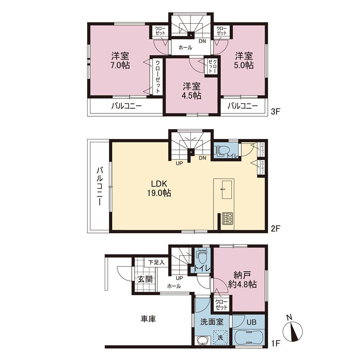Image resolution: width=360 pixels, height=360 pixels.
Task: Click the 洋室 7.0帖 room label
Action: (x=120, y=60)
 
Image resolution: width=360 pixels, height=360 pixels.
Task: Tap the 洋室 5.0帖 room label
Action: (x=244, y=60)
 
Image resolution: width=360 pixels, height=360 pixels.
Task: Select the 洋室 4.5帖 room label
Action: (x=192, y=91)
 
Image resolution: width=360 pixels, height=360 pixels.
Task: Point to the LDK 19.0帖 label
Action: (x=159, y=188)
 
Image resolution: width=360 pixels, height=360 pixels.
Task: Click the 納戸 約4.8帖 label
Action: (x=242, y=280)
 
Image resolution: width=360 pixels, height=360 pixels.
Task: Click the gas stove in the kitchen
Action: (x=227, y=219)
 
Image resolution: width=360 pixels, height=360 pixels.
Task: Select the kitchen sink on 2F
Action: (x=228, y=189)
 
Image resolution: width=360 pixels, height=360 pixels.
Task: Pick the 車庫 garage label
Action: (x=148, y=319)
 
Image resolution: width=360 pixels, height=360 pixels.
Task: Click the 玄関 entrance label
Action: (x=145, y=279)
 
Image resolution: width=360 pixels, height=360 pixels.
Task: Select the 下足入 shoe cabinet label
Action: (x=156, y=262)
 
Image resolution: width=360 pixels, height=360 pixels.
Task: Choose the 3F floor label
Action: (x=275, y=112)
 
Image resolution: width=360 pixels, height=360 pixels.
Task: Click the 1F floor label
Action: (x=275, y=343)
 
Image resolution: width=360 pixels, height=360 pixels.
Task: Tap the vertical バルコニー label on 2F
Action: (x=99, y=186)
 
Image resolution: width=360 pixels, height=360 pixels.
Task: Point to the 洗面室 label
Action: (x=212, y=321)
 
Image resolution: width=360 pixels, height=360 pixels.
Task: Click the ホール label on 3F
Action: (x=185, y=48)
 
